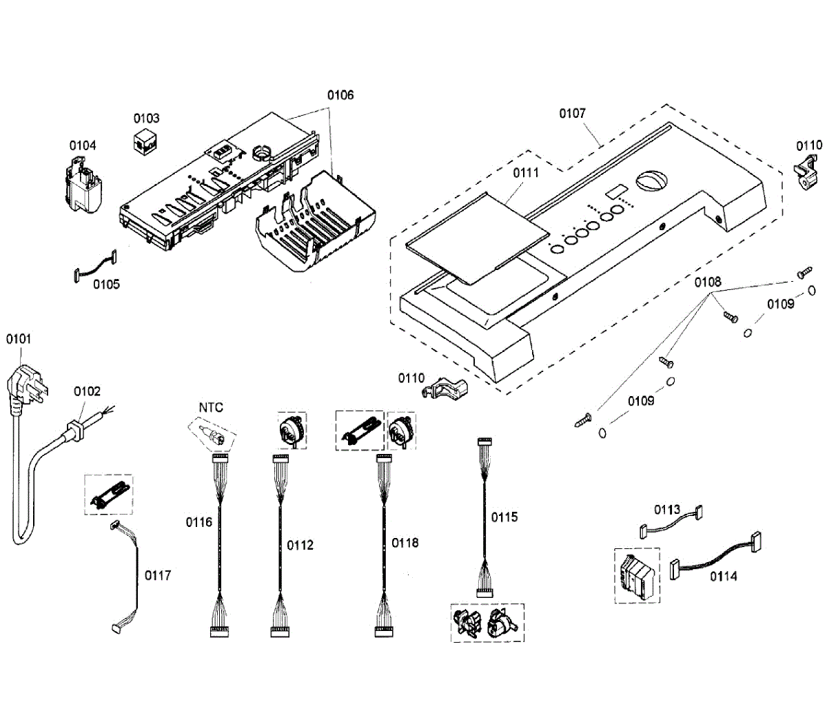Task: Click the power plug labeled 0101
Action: (x=26, y=386)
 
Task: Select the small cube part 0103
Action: (x=145, y=141)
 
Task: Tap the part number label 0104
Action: (x=83, y=145)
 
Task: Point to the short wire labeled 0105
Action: (x=94, y=268)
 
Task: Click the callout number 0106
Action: (x=340, y=94)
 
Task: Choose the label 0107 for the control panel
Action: (x=572, y=113)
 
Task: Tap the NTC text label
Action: (x=211, y=408)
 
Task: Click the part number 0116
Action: (x=199, y=522)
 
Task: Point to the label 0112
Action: (x=300, y=545)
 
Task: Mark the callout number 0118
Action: (x=405, y=543)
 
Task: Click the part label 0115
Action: (x=504, y=517)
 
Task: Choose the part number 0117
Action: (x=157, y=574)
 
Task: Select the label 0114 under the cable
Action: (x=724, y=576)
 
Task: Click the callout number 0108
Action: (x=708, y=281)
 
